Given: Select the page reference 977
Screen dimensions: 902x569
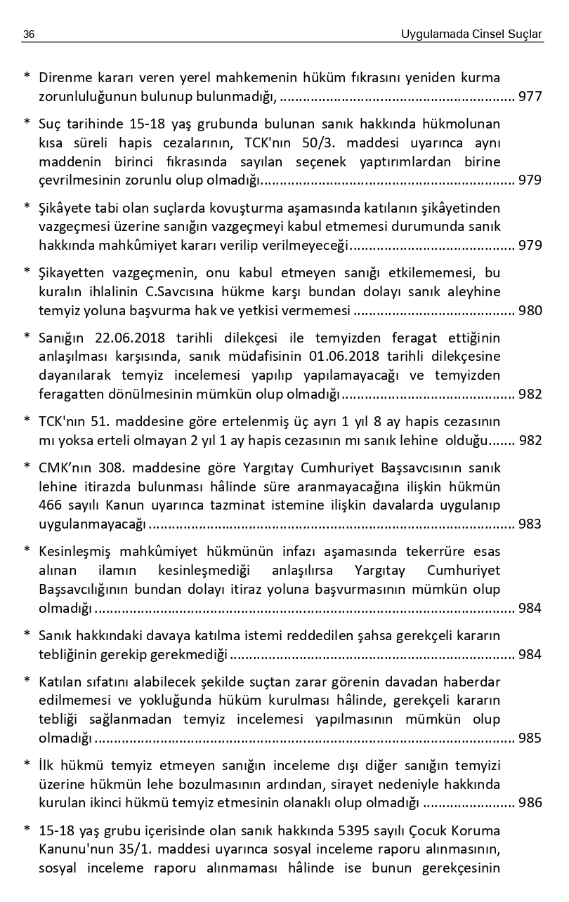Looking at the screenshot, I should (530, 97).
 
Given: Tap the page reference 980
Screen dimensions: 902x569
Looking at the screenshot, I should (530, 311).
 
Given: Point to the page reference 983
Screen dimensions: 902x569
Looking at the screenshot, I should (530, 524).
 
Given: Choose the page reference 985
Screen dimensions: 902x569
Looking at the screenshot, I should (530, 738).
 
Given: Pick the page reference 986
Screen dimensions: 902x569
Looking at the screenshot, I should (530, 802).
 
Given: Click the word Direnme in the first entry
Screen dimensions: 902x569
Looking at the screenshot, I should (64, 77).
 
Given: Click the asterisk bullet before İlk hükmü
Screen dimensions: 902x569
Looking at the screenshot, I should (27, 764).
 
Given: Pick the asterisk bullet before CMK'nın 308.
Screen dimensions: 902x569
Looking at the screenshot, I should (27, 466).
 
